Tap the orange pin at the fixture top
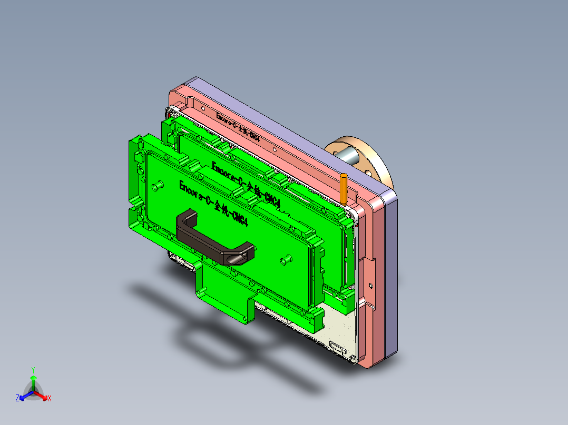344,188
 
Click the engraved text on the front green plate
213,204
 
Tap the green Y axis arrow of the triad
33,380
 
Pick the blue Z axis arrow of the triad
23,397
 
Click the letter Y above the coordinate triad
33,369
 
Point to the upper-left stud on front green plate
157,186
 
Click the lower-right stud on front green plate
287,259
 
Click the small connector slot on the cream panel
337,347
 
